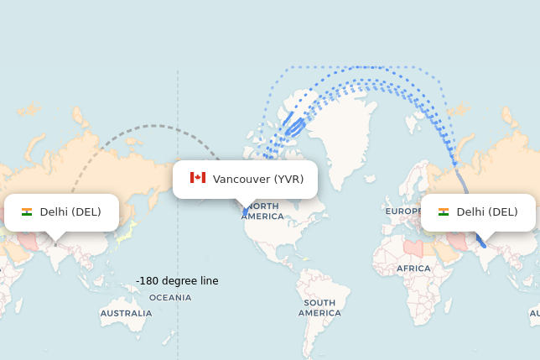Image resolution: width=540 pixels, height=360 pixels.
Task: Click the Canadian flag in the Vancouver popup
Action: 198,178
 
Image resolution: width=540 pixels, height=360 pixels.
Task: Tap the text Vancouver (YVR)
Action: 258,179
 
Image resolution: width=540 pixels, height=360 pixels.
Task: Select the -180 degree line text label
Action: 177,280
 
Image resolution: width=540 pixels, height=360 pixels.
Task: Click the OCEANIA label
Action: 170,297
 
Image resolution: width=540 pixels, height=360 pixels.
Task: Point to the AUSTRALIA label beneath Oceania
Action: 126,313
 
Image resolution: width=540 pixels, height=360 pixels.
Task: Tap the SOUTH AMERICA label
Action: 319,307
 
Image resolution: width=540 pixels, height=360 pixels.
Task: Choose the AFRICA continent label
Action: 413,269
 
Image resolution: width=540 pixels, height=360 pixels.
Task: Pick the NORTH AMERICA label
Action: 262,211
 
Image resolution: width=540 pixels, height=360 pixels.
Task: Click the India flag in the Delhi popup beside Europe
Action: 444,212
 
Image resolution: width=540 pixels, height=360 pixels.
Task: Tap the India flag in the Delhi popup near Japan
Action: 27,212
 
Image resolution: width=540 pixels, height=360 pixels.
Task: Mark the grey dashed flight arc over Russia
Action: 153,126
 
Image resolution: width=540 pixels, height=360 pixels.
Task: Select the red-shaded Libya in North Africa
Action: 412,248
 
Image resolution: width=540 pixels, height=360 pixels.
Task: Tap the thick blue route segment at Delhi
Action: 480,241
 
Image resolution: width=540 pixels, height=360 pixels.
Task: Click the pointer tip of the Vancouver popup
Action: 245,208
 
